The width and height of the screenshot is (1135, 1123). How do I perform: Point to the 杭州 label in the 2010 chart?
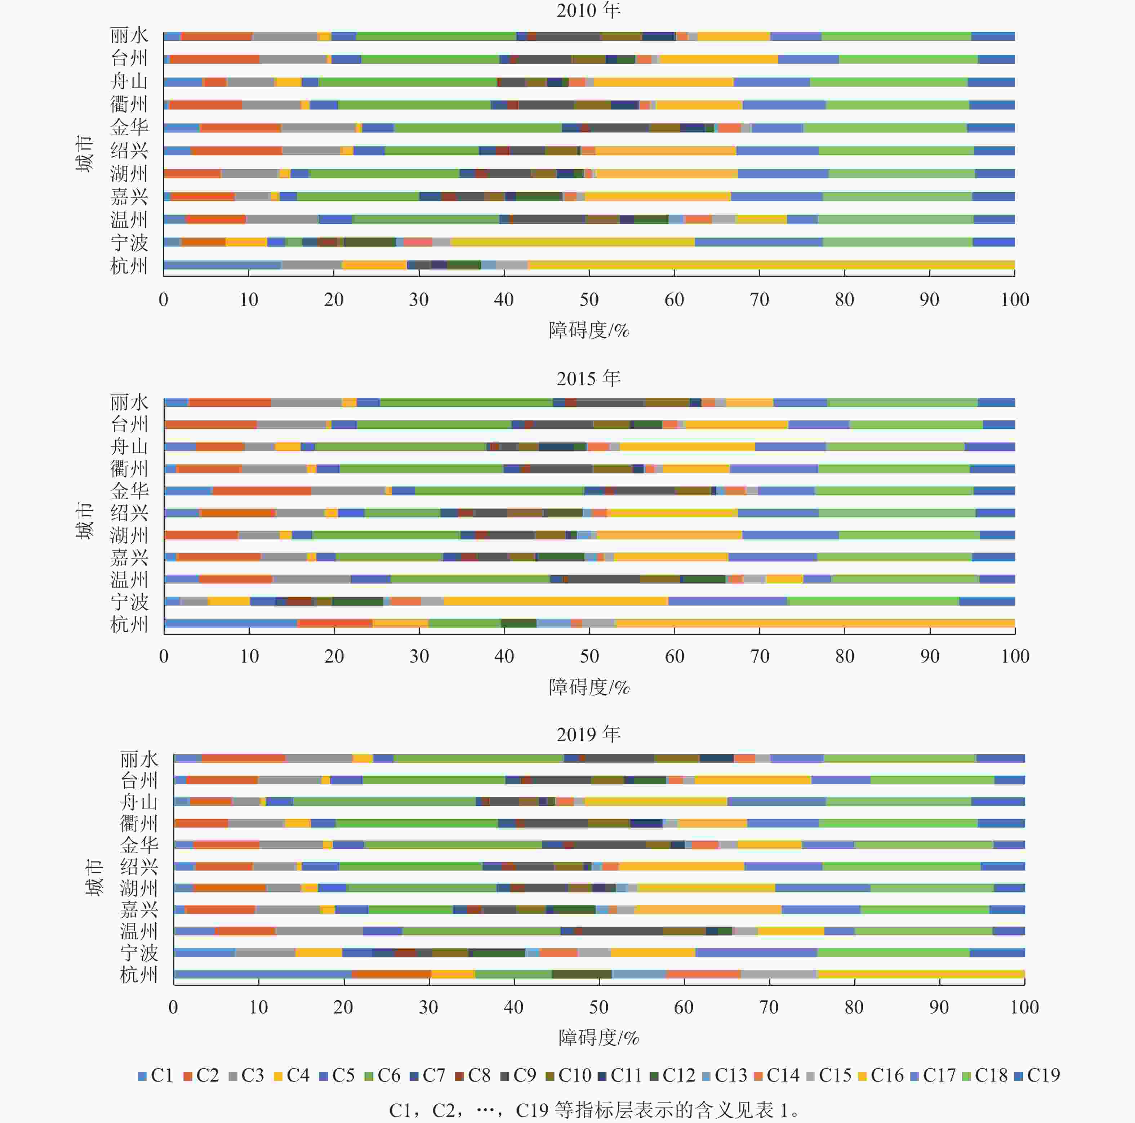tap(129, 266)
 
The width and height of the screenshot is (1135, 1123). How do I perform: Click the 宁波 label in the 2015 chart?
tap(129, 602)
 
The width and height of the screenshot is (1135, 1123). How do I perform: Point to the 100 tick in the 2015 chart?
tap(1015, 656)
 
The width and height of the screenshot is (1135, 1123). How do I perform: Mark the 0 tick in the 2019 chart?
tap(173, 1007)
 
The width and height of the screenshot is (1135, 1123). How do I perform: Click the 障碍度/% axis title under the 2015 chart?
tap(589, 687)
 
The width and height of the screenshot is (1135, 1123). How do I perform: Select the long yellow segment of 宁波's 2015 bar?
tap(555, 601)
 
